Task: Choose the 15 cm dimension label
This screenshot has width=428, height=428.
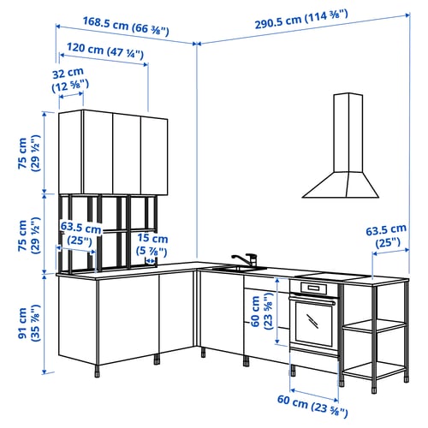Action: [x=153, y=244]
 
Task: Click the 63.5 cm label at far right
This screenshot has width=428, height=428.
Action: [x=386, y=235]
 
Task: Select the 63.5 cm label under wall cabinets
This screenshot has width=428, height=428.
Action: [x=81, y=235]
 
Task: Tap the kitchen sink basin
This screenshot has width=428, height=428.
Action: [x=228, y=269]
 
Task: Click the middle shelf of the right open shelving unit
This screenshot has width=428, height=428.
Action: [x=374, y=325]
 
